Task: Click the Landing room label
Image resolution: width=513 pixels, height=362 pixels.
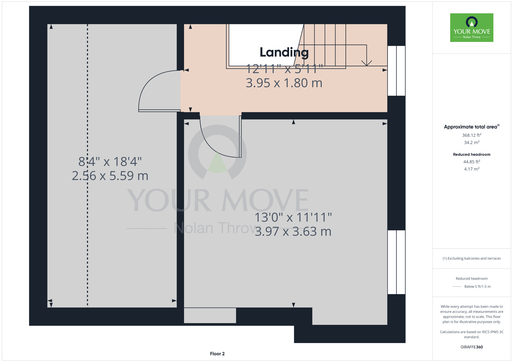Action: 284,53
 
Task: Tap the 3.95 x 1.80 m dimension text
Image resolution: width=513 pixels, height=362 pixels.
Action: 284,83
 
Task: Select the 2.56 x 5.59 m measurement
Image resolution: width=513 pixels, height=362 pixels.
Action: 110,176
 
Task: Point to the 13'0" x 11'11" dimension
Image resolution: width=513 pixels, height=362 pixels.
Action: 293,217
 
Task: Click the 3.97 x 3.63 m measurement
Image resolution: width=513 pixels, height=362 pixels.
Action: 293,231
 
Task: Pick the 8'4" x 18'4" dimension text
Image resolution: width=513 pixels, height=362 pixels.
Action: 110,162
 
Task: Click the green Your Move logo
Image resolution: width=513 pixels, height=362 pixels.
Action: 472,28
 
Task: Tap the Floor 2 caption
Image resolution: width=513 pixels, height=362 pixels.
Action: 217,354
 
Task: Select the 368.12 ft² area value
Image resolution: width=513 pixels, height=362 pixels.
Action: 472,135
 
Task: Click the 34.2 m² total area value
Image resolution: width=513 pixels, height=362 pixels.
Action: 472,142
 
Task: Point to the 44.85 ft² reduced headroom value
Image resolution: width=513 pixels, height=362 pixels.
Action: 472,162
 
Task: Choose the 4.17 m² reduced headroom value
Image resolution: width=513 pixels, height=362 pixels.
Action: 472,169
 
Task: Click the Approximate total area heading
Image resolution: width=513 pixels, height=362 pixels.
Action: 472,127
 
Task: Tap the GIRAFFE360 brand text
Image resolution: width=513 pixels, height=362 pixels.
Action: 472,347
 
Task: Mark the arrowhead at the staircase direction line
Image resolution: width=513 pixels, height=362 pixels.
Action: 367,63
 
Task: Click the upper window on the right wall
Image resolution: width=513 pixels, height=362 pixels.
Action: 396,71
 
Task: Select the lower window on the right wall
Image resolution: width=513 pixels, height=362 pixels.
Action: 396,262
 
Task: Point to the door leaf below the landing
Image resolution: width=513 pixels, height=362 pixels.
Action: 240,136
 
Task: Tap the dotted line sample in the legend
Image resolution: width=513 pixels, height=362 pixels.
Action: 457,287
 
